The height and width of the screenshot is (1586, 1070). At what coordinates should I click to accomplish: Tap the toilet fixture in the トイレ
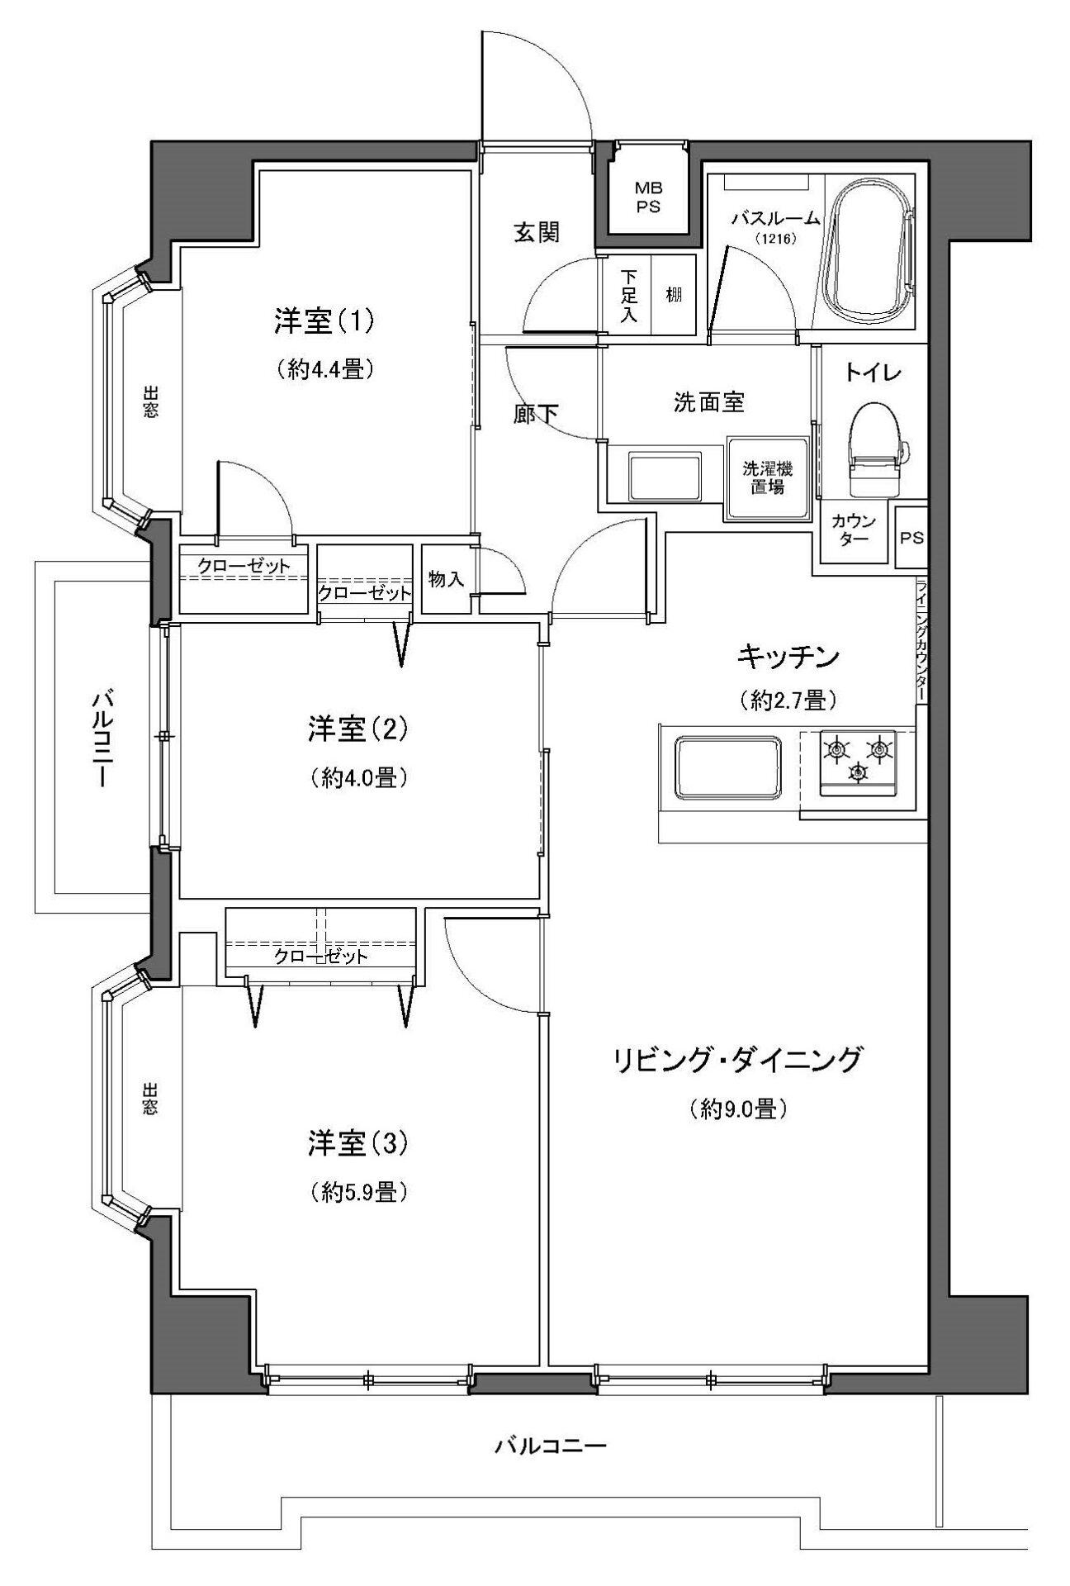point(878,449)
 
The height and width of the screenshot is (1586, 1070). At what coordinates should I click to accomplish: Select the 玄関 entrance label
point(536,233)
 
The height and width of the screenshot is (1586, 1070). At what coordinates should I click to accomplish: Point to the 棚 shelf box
point(674,293)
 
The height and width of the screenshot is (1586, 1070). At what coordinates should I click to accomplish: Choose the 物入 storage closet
point(446,579)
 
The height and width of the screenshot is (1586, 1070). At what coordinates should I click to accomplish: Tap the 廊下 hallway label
point(536,414)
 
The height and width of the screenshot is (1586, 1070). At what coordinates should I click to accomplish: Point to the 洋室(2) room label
point(358,729)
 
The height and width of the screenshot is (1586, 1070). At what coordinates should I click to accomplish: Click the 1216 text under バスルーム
point(774,240)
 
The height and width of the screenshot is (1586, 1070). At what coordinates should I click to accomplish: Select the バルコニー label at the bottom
point(552,1446)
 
